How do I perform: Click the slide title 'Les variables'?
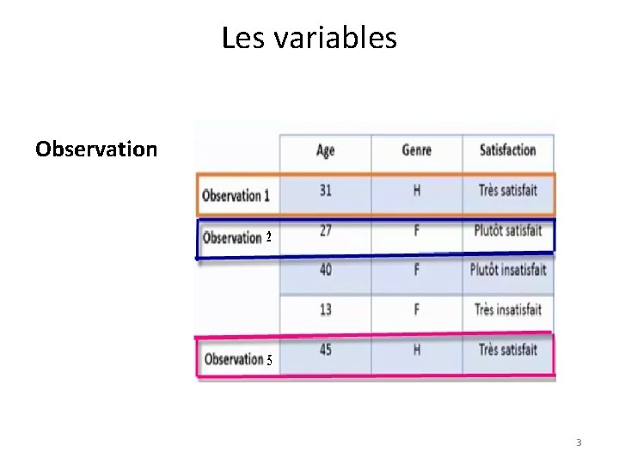pyautogui.click(x=309, y=38)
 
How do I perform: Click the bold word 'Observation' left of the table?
pyautogui.click(x=96, y=149)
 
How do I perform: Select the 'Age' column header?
pyautogui.click(x=326, y=150)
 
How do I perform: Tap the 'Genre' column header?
pyautogui.click(x=417, y=150)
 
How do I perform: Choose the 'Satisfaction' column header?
pyautogui.click(x=507, y=150)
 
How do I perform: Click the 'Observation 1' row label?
pyautogui.click(x=236, y=195)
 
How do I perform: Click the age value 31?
pyautogui.click(x=326, y=190)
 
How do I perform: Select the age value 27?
pyautogui.click(x=326, y=230)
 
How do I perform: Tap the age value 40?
pyautogui.click(x=326, y=270)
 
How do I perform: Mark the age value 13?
pyautogui.click(x=326, y=309)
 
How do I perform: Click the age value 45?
pyautogui.click(x=326, y=350)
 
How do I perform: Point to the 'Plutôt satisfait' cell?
pyautogui.click(x=507, y=230)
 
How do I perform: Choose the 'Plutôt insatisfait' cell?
pyautogui.click(x=507, y=270)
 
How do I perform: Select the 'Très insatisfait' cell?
pyautogui.click(x=507, y=309)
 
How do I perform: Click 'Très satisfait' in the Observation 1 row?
pyautogui.click(x=507, y=190)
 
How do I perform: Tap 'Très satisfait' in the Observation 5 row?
pyautogui.click(x=507, y=350)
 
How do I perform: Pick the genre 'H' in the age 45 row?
pyautogui.click(x=417, y=350)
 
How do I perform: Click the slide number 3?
pyautogui.click(x=579, y=443)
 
